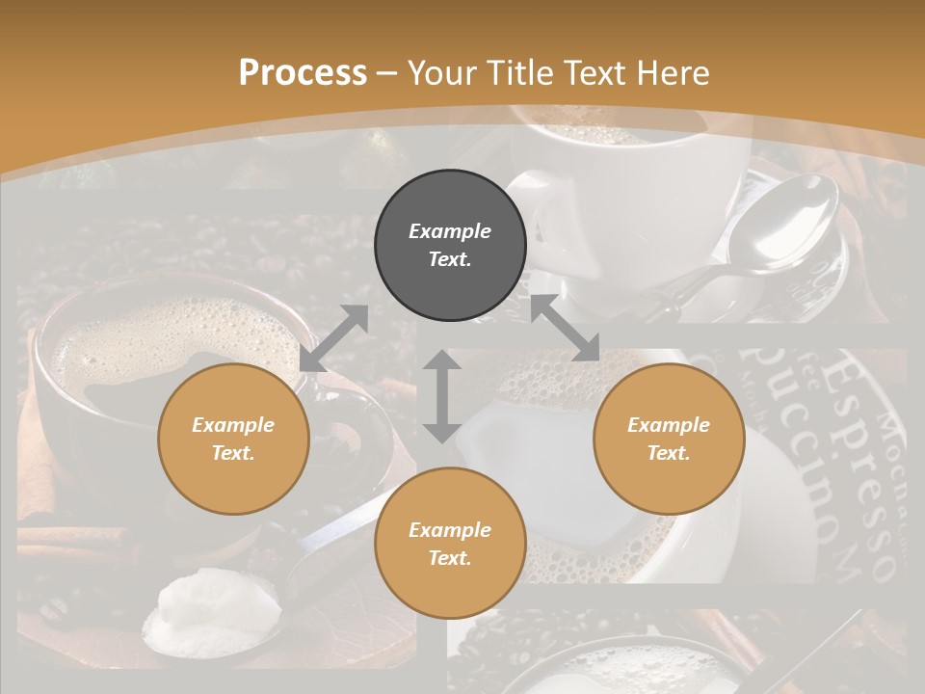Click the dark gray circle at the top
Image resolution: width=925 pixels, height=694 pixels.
pyautogui.click(x=450, y=246)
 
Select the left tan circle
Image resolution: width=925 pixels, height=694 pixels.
pyautogui.click(x=233, y=440)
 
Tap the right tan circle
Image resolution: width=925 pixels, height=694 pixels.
pyautogui.click(x=669, y=440)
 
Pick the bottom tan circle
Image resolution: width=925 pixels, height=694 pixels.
pyautogui.click(x=450, y=544)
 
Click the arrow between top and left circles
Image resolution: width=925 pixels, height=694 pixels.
pyautogui.click(x=334, y=338)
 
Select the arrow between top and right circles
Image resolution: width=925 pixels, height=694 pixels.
pyautogui.click(x=565, y=329)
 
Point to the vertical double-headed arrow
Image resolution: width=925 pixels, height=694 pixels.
pyautogui.click(x=441, y=396)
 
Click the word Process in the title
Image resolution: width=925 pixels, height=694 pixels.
pyautogui.click(x=303, y=73)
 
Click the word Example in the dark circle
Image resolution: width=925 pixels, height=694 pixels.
pyautogui.click(x=450, y=231)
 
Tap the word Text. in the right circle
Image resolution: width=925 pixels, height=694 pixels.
pyautogui.click(x=669, y=453)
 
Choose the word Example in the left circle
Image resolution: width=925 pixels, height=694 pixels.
pyautogui.click(x=233, y=425)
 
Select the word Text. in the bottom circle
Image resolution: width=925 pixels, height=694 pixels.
pyautogui.click(x=450, y=558)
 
